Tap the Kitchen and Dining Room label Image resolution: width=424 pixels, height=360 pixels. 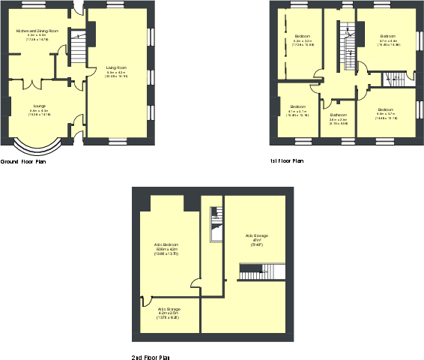click(x=37, y=31)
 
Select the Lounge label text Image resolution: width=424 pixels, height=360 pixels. click(x=40, y=106)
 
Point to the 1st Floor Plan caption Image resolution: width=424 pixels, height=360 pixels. click(x=287, y=161)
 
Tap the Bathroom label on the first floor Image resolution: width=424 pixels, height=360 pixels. click(x=339, y=115)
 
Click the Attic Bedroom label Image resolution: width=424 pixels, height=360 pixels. click(x=166, y=245)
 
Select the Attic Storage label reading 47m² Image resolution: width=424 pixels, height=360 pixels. click(x=257, y=236)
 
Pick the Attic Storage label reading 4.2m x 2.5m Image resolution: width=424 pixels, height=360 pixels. click(x=169, y=309)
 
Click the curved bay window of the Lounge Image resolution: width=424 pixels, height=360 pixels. click(x=37, y=149)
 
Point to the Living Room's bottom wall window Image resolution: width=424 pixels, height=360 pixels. click(x=118, y=141)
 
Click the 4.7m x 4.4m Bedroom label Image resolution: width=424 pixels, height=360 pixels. click(x=387, y=36)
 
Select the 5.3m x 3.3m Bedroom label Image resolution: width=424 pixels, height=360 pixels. click(x=303, y=36)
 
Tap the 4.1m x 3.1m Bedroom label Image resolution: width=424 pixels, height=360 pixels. click(x=297, y=106)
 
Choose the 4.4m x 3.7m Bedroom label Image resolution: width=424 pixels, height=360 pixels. click(x=387, y=109)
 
